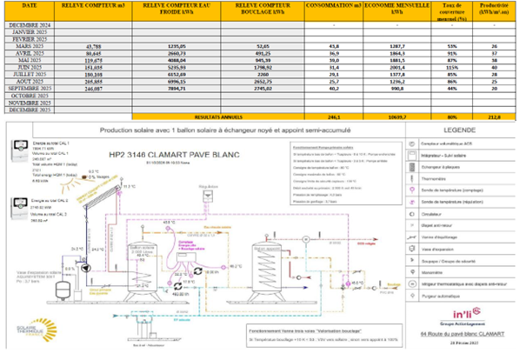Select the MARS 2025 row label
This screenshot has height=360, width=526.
pos(30,46)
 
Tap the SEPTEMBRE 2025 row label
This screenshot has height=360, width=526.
pos(30,88)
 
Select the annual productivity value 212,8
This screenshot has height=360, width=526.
pos(495,116)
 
